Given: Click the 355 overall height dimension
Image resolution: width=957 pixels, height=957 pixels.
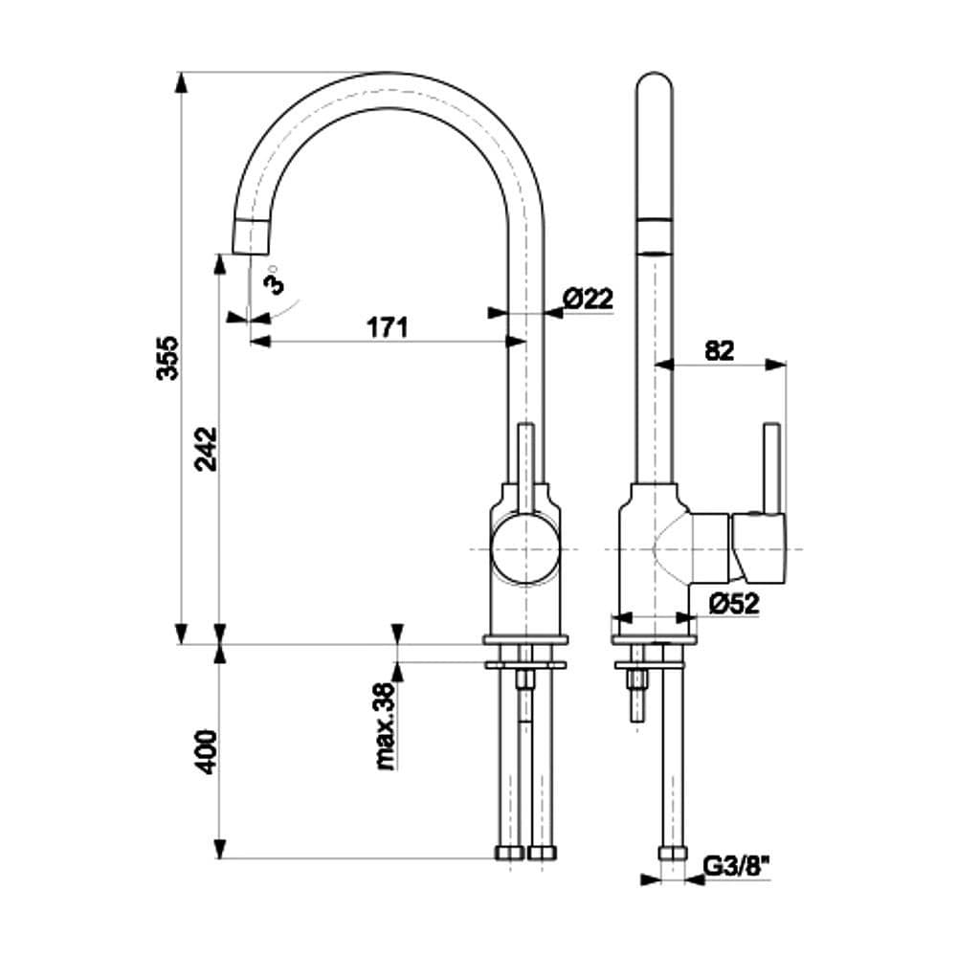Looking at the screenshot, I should click(x=167, y=358).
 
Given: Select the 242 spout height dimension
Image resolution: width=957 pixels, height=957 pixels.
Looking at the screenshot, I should click(x=207, y=448).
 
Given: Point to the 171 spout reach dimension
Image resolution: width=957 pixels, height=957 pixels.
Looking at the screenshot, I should click(x=388, y=327).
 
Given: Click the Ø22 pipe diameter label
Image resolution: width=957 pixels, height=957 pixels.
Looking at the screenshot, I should click(x=587, y=299).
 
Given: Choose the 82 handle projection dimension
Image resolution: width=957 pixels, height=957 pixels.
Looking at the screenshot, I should click(x=719, y=350).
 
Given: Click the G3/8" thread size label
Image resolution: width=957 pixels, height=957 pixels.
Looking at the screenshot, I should click(x=738, y=867).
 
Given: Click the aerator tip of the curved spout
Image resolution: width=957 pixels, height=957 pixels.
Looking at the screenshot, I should click(x=251, y=235).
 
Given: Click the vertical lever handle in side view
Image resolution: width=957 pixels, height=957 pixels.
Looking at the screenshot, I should click(x=770, y=467).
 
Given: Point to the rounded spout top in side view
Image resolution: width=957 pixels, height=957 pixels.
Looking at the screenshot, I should click(x=657, y=86).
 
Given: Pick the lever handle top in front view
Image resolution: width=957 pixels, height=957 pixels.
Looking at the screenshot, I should click(x=524, y=428).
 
